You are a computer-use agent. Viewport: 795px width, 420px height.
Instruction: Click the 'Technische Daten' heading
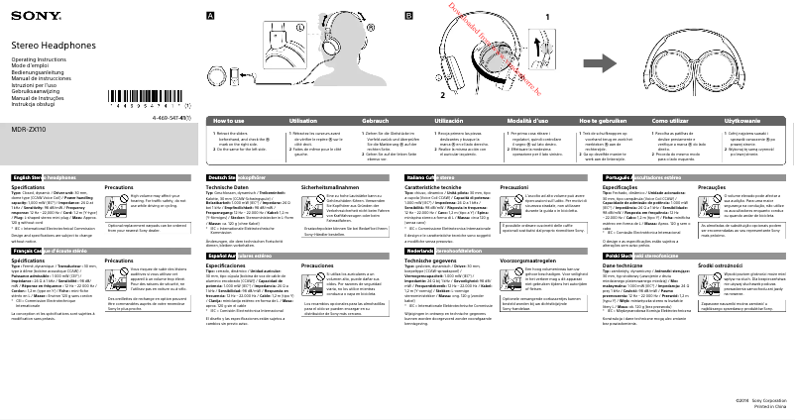[x=227, y=186]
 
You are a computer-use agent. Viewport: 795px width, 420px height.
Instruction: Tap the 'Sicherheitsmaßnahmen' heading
[x=328, y=186]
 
